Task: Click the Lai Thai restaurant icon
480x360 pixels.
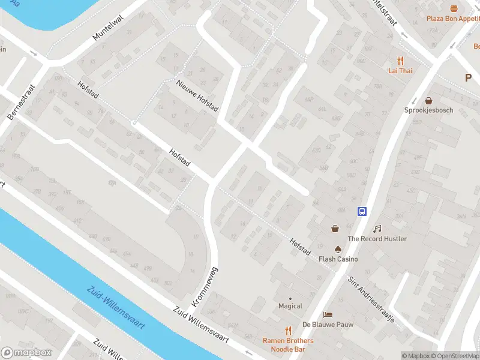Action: point(400,60)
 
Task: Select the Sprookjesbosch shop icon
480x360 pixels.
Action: point(428,101)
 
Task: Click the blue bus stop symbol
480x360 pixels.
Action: point(362,211)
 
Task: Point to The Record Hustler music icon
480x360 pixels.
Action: point(377,229)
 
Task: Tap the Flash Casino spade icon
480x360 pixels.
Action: point(338,249)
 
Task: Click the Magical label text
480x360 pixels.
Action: point(290,306)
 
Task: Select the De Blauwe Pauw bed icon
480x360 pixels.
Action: point(328,314)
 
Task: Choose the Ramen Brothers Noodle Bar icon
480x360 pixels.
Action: point(288,331)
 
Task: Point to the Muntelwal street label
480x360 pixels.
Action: point(107,28)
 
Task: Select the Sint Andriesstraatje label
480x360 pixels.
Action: point(371,299)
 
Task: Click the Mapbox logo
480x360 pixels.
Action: point(26,353)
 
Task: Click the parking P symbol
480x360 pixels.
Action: point(468,77)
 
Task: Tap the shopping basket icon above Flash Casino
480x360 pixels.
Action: point(334,228)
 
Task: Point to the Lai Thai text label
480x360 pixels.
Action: point(400,70)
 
